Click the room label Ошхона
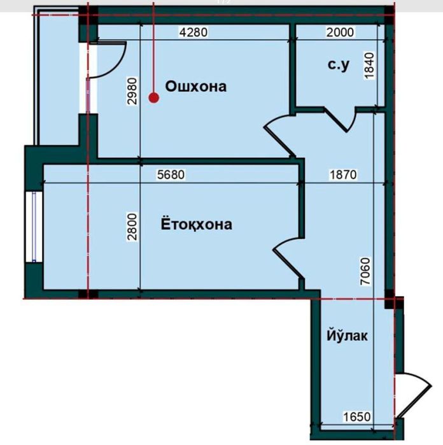(x=195, y=86)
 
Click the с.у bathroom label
(x=339, y=64)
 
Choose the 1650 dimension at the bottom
(x=356, y=417)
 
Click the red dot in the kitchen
(x=153, y=97)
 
